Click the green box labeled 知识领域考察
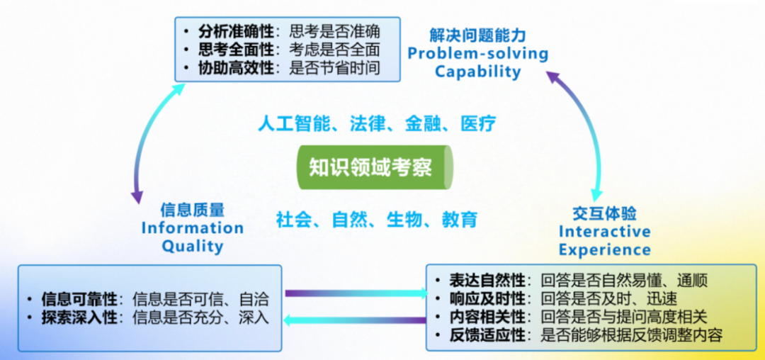click(374, 167)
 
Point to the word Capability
click(477, 72)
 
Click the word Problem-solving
click(477, 54)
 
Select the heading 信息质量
click(192, 210)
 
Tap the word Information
click(192, 228)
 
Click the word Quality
click(192, 247)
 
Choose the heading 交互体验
click(604, 213)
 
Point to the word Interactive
click(604, 232)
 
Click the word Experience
click(604, 250)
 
